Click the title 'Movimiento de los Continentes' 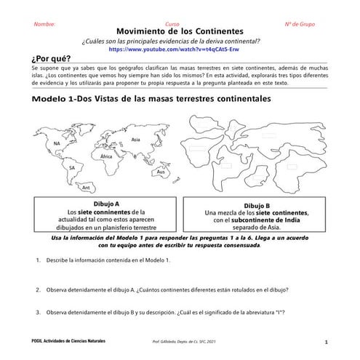[x=180, y=33]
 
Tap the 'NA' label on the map [x=57, y=143]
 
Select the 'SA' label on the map [x=72, y=167]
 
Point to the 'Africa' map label [x=106, y=156]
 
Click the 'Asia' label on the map [x=135, y=139]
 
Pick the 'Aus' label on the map [x=161, y=172]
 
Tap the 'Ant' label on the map [x=86, y=187]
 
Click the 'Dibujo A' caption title [x=106, y=203]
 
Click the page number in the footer [x=327, y=341]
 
